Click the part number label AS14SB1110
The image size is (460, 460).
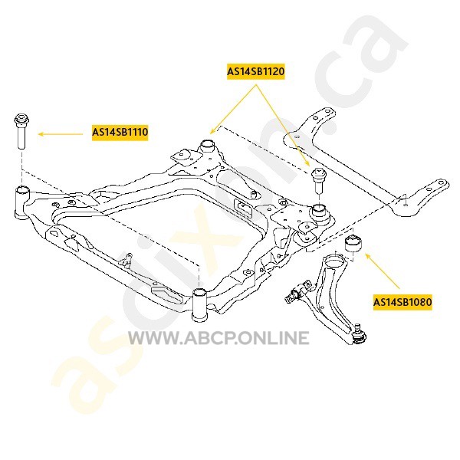[120, 133]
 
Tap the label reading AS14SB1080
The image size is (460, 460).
[402, 302]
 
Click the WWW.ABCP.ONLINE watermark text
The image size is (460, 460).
[218, 338]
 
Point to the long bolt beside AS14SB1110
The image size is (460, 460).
[21, 133]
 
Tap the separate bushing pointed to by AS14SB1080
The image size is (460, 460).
[354, 243]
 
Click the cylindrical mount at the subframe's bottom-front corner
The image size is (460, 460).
[200, 304]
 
